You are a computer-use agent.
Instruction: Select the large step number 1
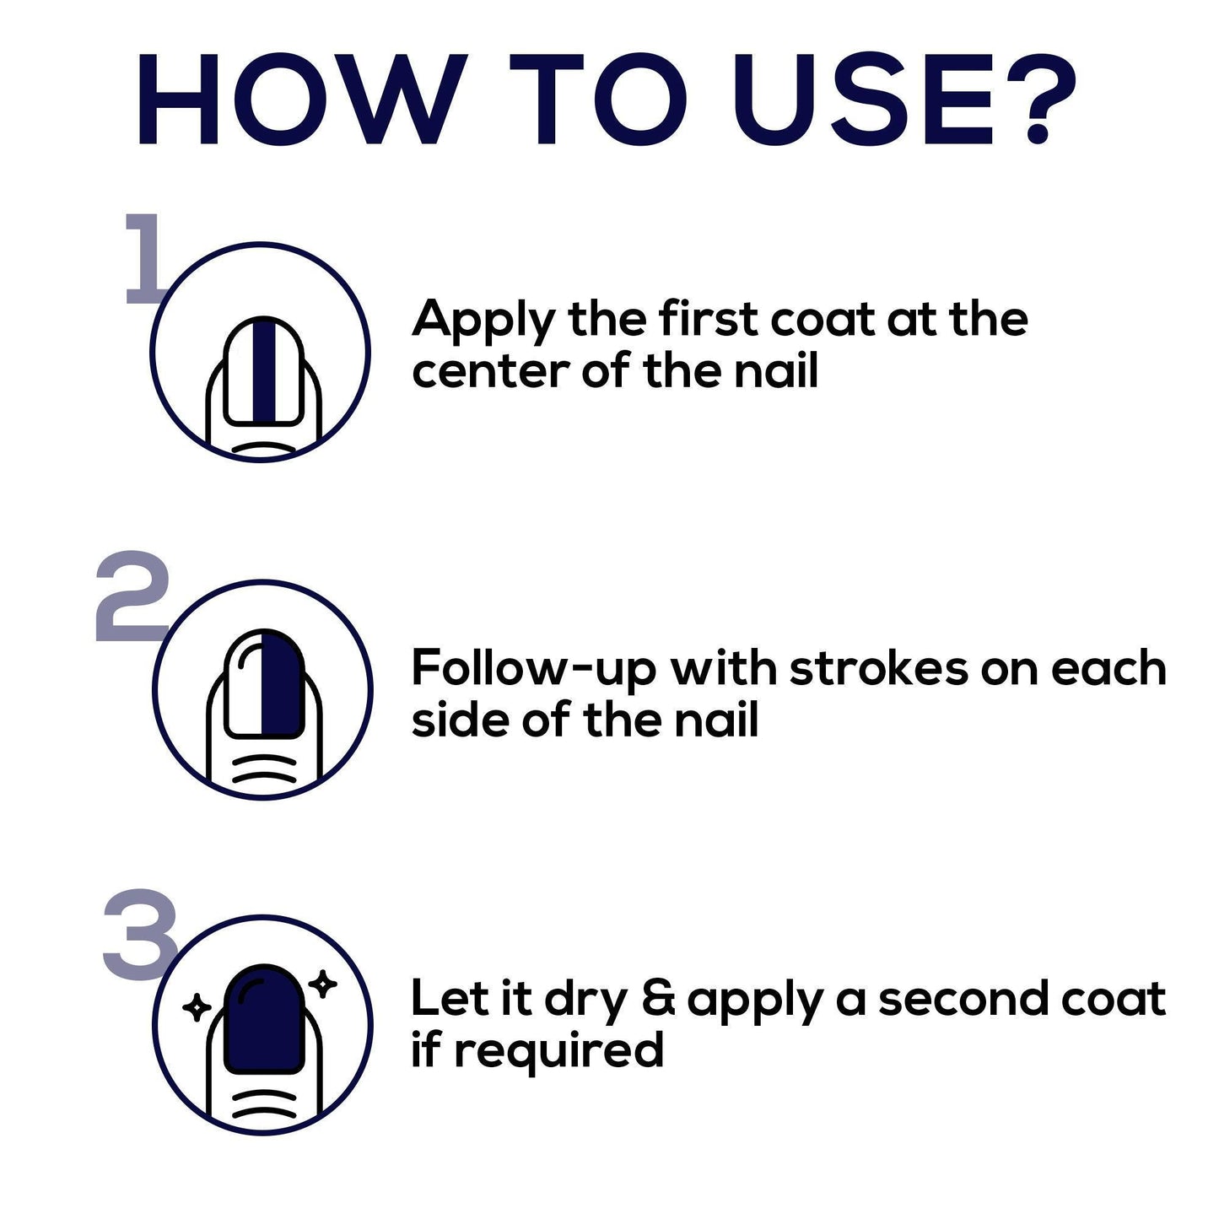tap(145, 258)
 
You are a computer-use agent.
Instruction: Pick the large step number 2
tap(132, 596)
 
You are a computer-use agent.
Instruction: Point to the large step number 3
tap(141, 935)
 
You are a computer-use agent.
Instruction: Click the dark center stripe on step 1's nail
tap(264, 369)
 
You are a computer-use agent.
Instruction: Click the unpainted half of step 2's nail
tap(244, 684)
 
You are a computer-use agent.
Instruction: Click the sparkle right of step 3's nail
tap(324, 984)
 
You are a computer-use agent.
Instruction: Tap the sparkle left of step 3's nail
tap(197, 1007)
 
